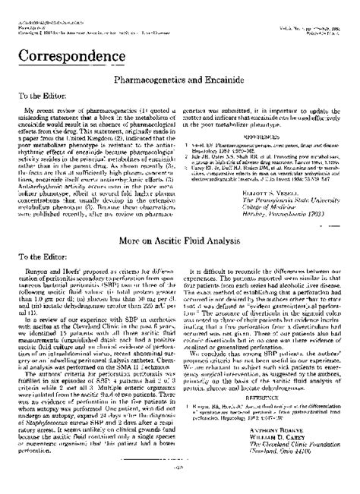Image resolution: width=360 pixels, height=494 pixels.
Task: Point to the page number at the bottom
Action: click(180, 486)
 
